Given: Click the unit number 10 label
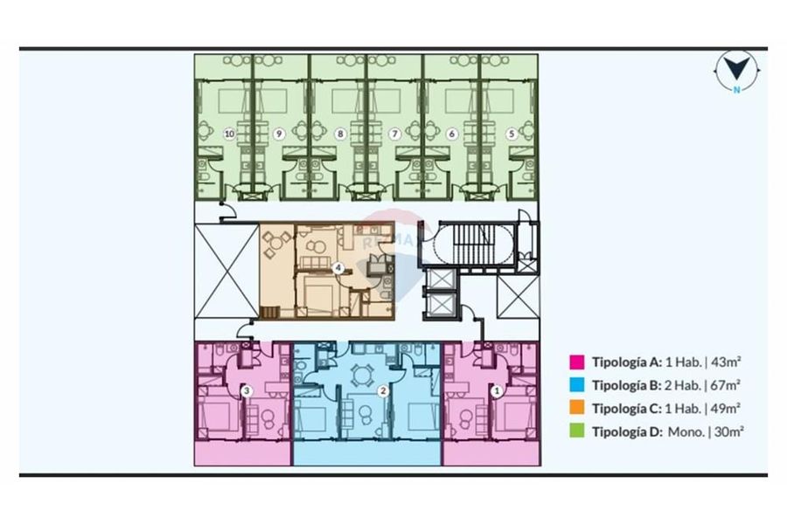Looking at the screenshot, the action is click(x=229, y=134).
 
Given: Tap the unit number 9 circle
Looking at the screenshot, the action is click(x=280, y=134).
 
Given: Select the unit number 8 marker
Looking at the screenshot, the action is click(x=341, y=134).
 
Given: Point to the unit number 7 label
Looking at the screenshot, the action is click(x=395, y=134).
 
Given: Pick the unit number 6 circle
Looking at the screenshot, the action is click(x=452, y=134).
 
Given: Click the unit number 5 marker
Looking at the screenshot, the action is click(x=512, y=134).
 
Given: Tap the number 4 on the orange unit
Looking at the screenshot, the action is click(x=338, y=268).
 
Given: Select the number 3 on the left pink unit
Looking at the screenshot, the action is click(x=247, y=390).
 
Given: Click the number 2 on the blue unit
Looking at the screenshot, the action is click(x=384, y=390).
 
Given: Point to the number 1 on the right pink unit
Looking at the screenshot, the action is click(x=497, y=390).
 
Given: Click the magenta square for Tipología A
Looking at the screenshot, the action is click(x=577, y=362).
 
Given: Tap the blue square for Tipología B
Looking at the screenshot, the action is click(x=577, y=385).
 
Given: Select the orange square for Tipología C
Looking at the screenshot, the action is click(x=577, y=408).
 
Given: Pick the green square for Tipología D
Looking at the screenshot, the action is click(x=577, y=431).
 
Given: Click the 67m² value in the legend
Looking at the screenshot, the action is click(x=727, y=385).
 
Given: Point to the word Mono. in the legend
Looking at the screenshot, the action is click(x=686, y=431).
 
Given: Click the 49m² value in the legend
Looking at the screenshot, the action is click(x=725, y=408).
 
